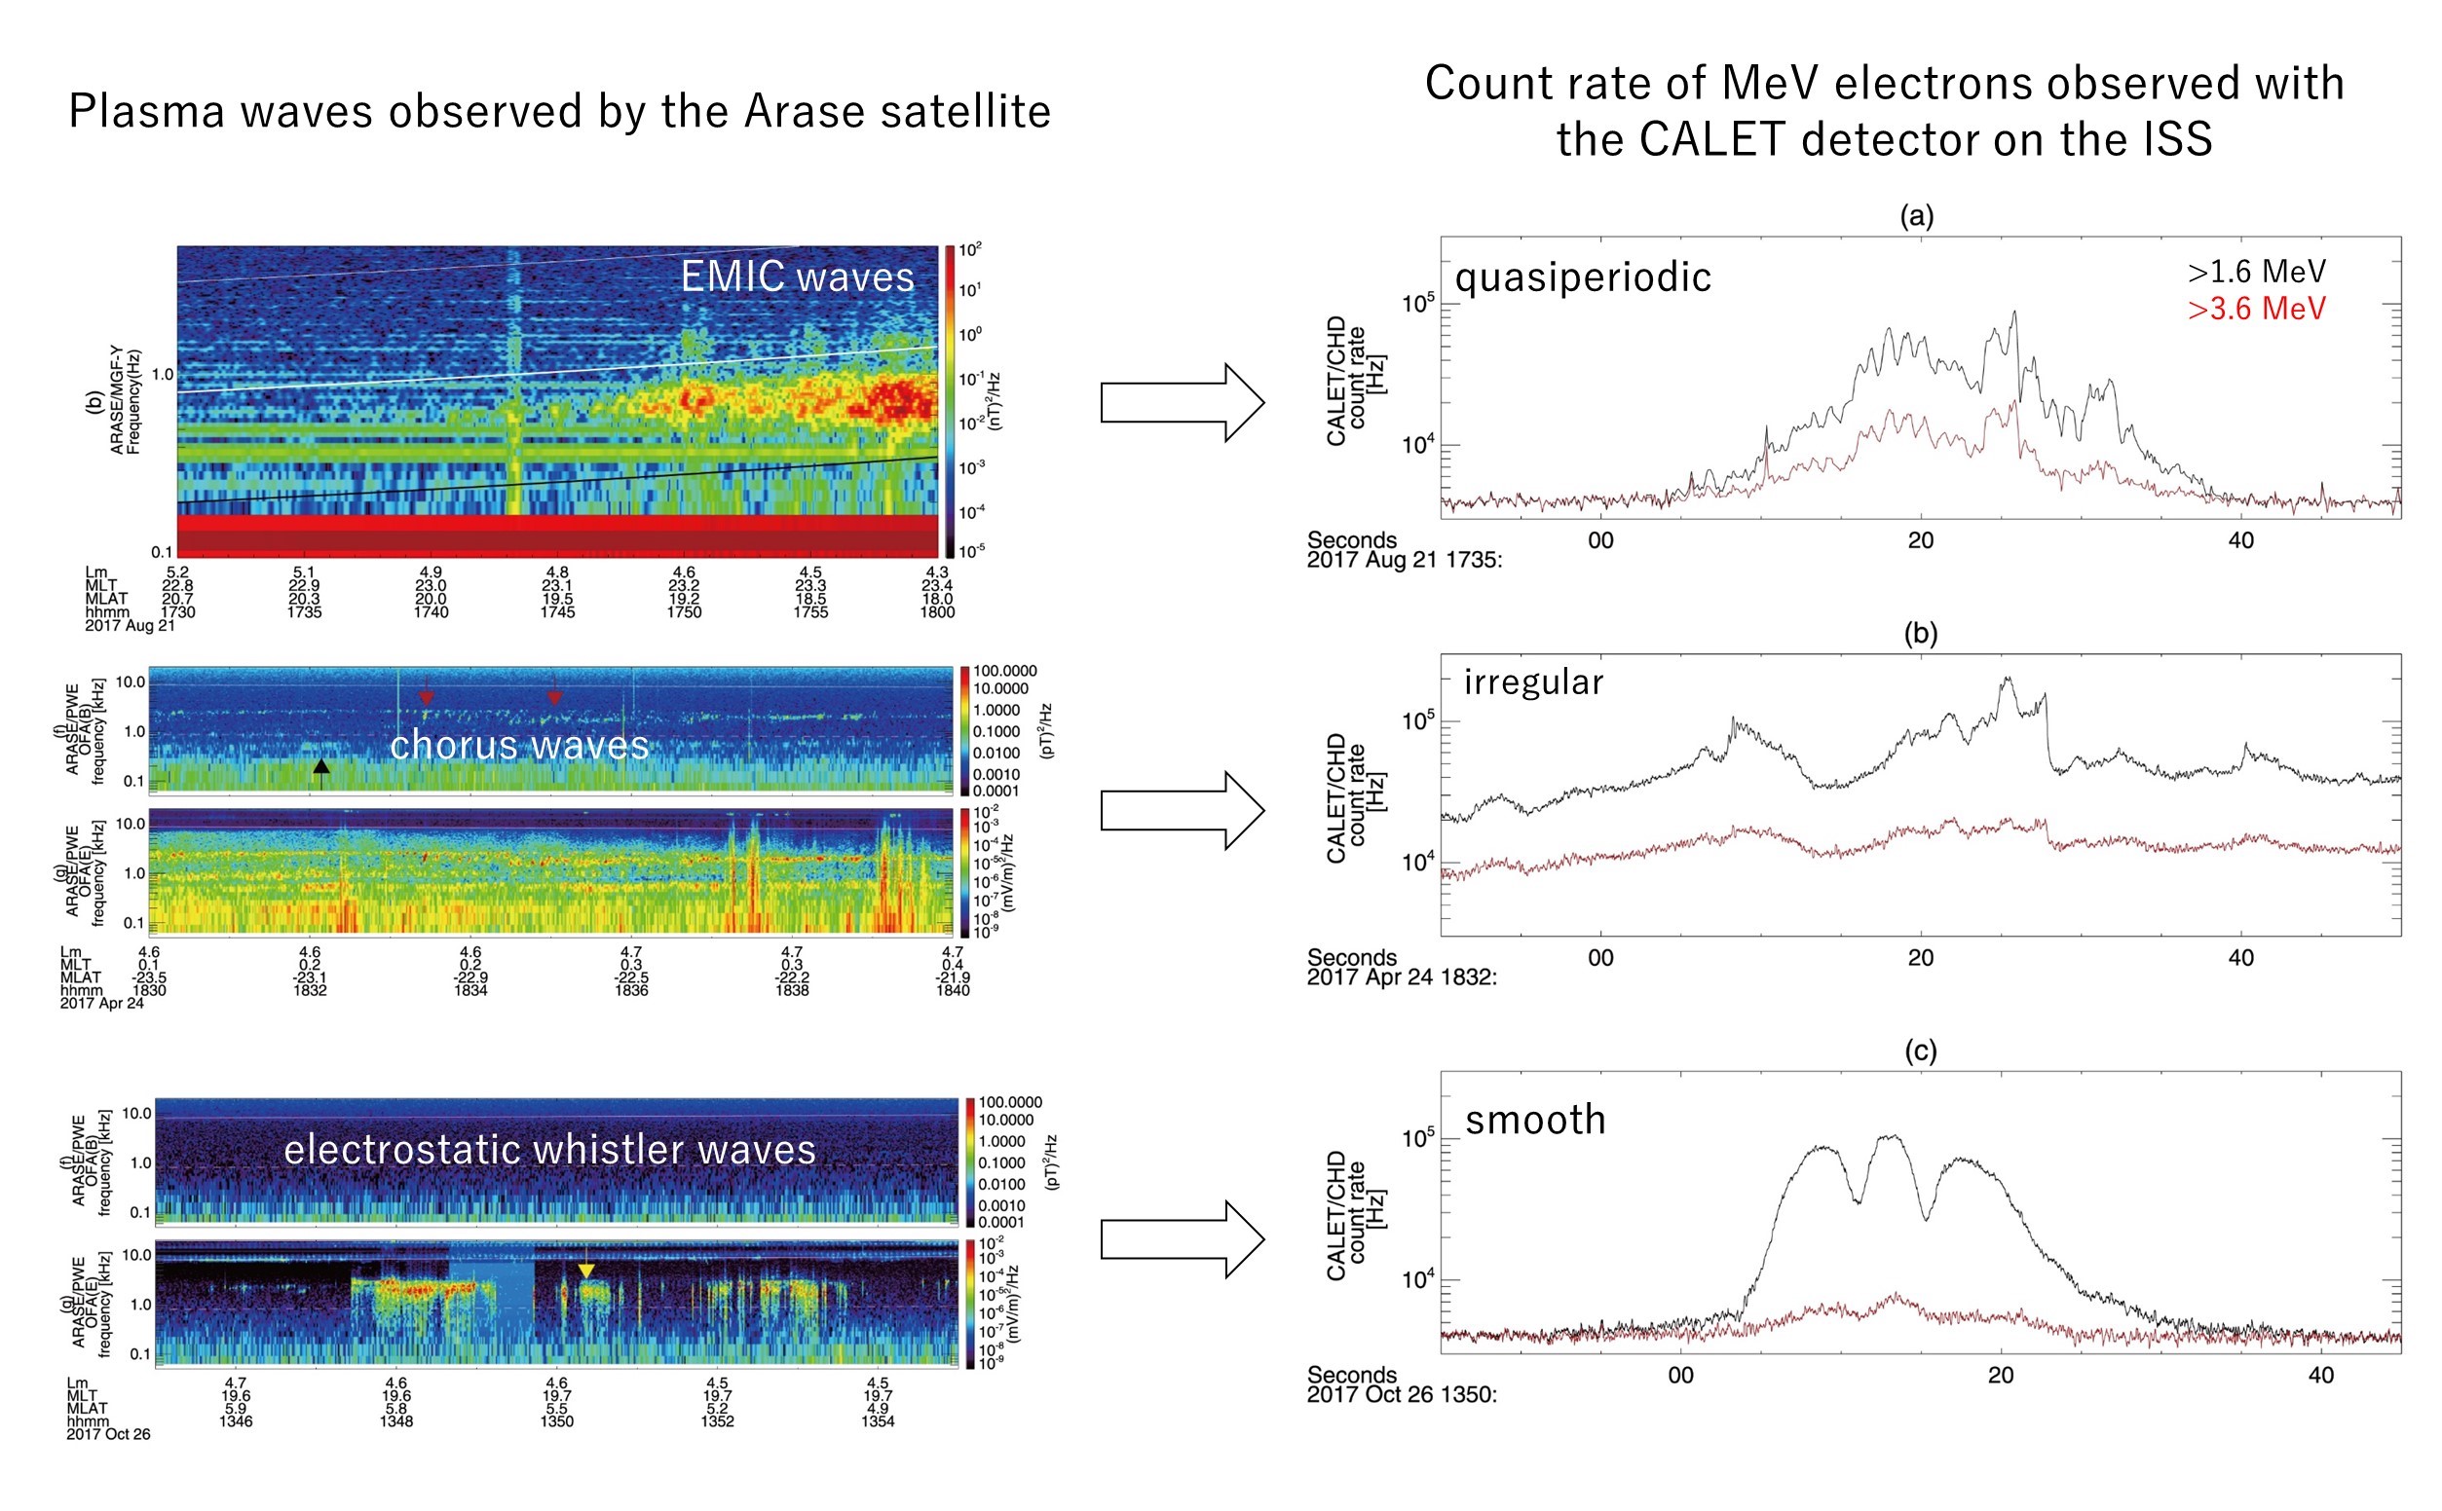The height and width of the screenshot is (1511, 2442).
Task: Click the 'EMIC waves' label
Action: click(x=797, y=276)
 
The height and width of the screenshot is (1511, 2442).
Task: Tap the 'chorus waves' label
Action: click(x=519, y=746)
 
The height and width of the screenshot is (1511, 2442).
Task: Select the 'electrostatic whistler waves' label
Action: click(x=549, y=1149)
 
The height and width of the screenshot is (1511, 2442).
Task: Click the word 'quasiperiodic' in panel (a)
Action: click(x=1582, y=276)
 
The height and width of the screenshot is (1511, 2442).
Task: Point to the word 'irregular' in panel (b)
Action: click(x=1533, y=682)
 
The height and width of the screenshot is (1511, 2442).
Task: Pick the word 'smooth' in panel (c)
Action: click(x=1535, y=1120)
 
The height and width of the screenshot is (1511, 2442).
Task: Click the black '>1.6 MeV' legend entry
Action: click(x=2256, y=271)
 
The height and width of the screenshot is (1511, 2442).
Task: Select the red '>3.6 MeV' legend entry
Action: click(x=2256, y=309)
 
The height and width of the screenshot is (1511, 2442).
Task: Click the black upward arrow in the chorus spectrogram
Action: click(x=320, y=766)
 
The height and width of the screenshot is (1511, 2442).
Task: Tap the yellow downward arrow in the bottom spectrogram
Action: click(x=586, y=1270)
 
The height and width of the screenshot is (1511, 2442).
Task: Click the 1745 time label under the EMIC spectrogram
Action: click(x=557, y=611)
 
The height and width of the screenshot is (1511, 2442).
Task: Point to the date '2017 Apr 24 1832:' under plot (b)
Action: click(x=1402, y=977)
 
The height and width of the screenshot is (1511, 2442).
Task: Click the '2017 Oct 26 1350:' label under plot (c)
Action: click(x=1402, y=1394)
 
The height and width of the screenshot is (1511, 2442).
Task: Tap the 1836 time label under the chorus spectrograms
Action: click(x=631, y=989)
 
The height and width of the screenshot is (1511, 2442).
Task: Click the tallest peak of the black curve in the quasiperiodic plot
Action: click(x=2014, y=313)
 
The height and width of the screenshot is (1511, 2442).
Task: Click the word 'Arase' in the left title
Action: click(x=794, y=111)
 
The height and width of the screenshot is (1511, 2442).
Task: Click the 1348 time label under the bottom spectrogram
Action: click(x=395, y=1421)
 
